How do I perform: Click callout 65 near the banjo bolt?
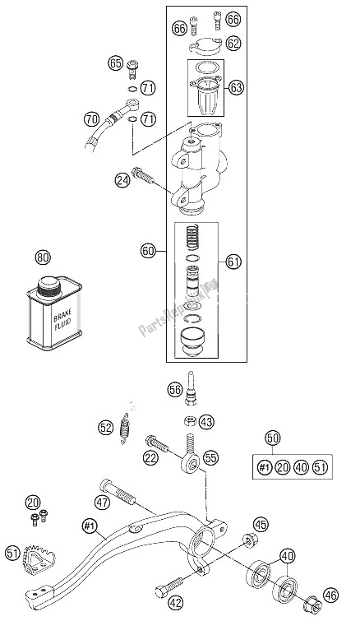pos(115,63)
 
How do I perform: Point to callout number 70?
pos(92,119)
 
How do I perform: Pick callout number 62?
pos(233,43)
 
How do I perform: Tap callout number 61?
pos(233,285)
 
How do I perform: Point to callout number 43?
pos(206,422)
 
